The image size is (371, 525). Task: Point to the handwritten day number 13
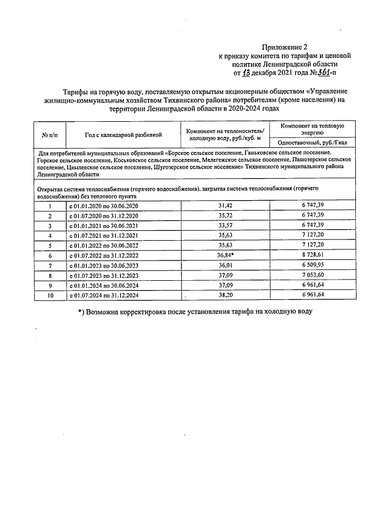[247, 73]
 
